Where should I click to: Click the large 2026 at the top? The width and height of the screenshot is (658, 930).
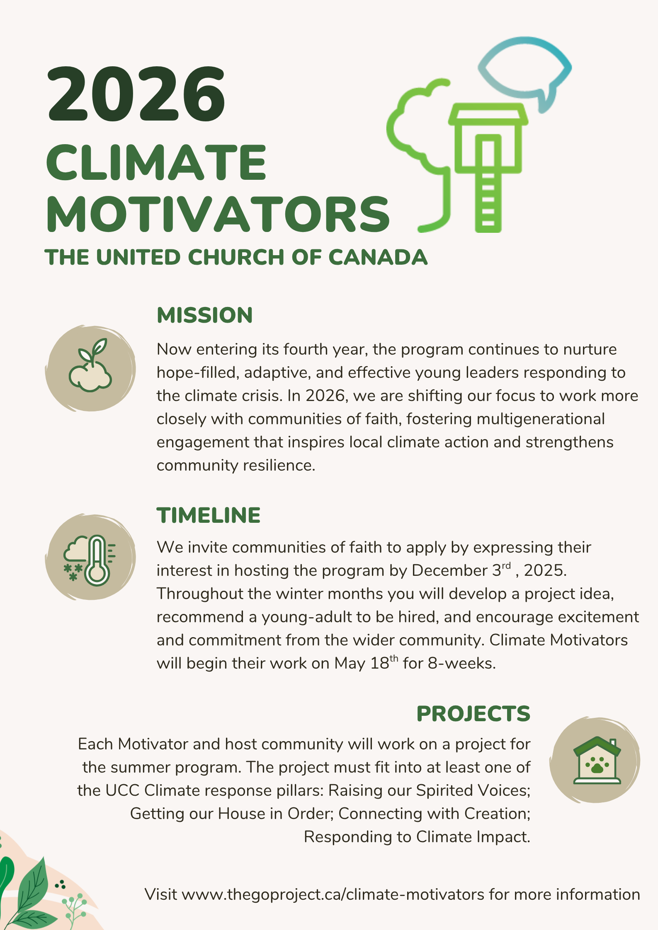click(137, 94)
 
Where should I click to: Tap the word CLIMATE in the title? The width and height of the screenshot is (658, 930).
click(156, 162)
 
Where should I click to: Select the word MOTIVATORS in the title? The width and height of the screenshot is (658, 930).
click(218, 214)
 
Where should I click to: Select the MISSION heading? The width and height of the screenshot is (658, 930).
click(205, 315)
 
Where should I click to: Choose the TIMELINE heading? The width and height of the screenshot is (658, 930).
click(209, 515)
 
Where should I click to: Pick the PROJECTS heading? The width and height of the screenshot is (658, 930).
click(473, 714)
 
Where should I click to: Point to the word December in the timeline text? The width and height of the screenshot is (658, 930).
click(449, 571)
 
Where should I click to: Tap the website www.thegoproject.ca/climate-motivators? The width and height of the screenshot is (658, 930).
click(333, 894)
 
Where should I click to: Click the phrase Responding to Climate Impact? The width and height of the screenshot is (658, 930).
click(417, 837)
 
